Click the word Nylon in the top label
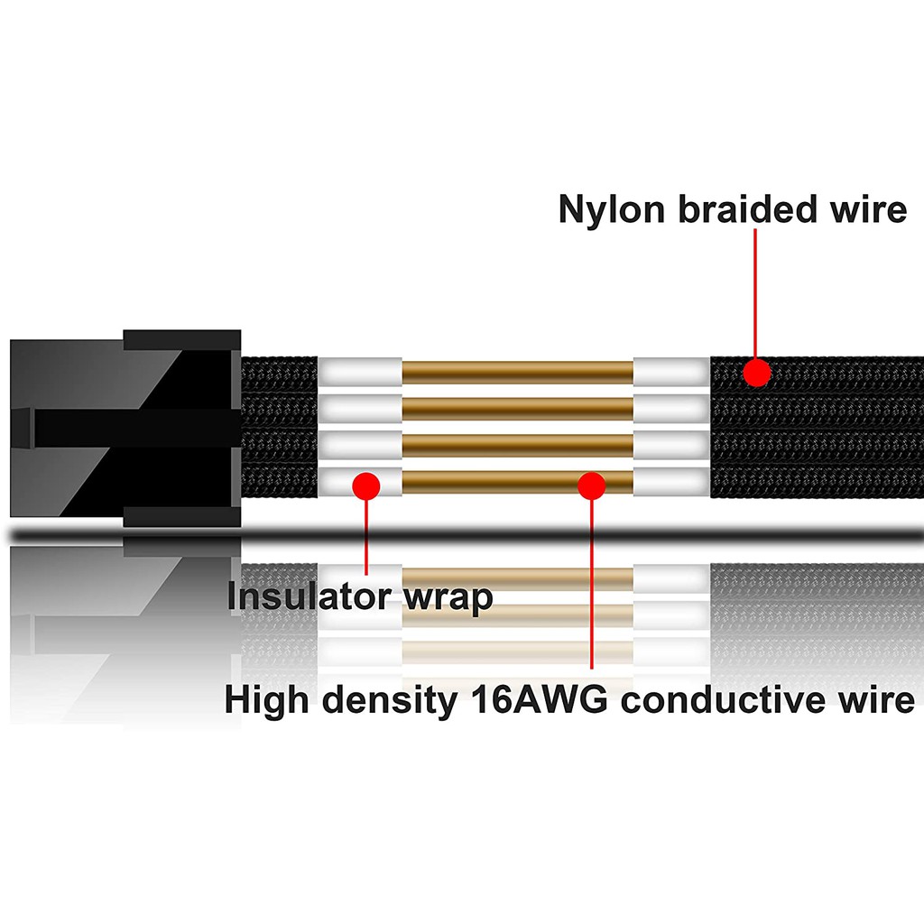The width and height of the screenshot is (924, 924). [x=613, y=209]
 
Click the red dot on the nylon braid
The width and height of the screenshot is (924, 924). [x=756, y=372]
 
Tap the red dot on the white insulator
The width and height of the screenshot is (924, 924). [x=365, y=485]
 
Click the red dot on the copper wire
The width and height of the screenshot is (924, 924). [x=591, y=485]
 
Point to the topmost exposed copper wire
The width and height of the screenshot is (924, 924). [x=517, y=371]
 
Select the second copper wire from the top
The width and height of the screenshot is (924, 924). [x=517, y=408]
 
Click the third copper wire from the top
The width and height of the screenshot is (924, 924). [x=517, y=444]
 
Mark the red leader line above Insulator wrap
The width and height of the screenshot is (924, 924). [x=366, y=537]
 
